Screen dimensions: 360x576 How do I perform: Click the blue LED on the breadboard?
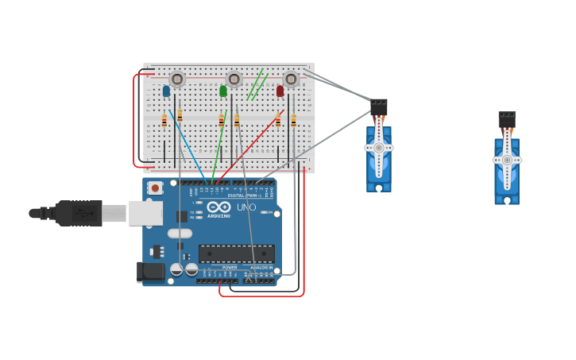[166, 91]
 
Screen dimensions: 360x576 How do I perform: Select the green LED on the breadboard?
[223, 91]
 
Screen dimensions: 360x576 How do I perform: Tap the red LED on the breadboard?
[280, 91]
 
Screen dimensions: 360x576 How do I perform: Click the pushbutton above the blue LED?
[177, 79]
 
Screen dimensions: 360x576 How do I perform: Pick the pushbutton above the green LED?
[234, 79]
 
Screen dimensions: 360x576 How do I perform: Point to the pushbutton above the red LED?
[290, 79]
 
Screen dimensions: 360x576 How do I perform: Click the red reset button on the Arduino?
[156, 188]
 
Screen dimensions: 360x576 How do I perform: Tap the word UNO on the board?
[246, 207]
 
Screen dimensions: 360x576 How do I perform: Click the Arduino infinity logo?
[218, 207]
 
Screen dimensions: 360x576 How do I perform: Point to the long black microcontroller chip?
[236, 254]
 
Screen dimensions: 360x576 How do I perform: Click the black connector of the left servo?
[379, 106]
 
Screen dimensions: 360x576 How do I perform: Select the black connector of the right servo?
[507, 118]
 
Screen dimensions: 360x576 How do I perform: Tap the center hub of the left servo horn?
[379, 148]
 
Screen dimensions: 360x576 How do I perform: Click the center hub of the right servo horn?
[507, 160]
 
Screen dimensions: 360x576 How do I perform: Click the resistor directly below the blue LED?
[164, 121]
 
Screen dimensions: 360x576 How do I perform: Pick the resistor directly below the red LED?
[278, 121]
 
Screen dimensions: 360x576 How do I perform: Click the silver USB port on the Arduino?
[145, 213]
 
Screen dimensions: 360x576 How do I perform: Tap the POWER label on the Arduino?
[230, 268]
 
